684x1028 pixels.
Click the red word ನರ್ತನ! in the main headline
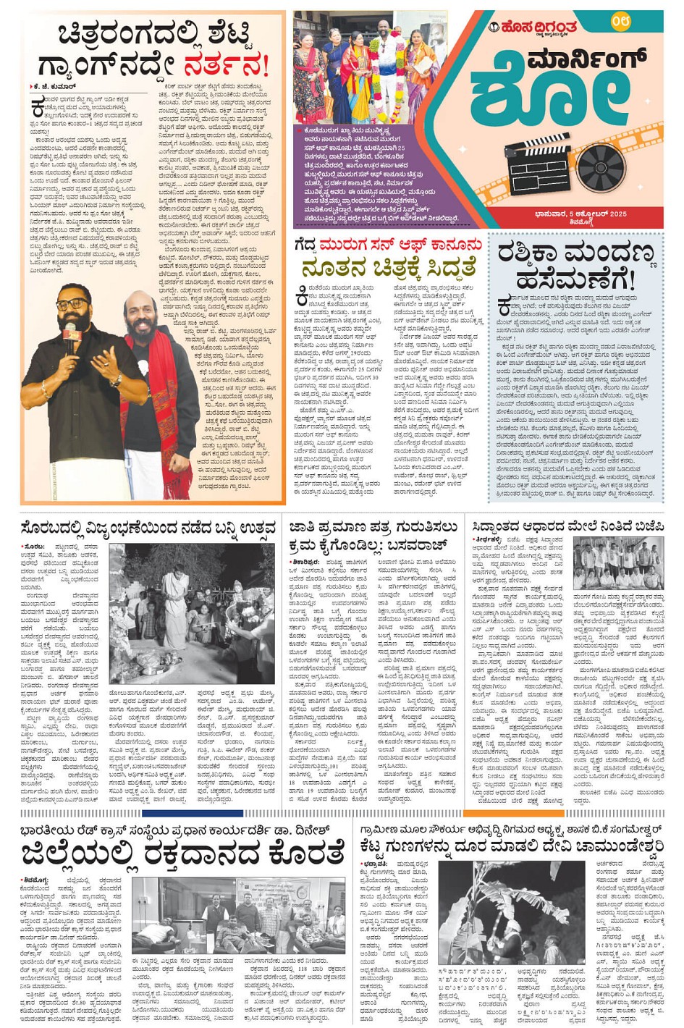[x=225, y=66]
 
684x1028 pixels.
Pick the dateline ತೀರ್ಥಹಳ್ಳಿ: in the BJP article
[x=489, y=540]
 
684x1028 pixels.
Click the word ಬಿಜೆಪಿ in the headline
[x=643, y=527]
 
